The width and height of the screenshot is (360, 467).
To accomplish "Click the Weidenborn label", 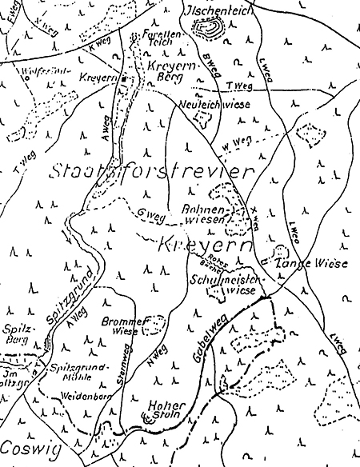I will point(83,397).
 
